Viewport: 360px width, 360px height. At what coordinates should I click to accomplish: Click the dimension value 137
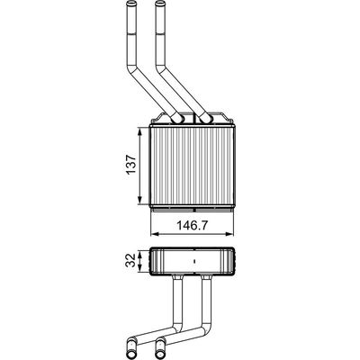(131, 165)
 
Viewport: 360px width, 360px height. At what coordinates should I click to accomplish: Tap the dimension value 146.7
(192, 225)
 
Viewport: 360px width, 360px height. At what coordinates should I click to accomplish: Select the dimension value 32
(130, 260)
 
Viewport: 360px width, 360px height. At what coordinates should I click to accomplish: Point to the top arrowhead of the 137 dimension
(140, 131)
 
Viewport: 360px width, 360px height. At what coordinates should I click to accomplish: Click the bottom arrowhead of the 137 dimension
(140, 201)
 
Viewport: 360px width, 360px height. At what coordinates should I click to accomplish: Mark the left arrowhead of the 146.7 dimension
(154, 234)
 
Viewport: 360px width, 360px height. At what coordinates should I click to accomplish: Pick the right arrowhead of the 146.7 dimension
(229, 234)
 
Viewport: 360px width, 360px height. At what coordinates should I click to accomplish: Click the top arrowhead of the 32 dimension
(140, 254)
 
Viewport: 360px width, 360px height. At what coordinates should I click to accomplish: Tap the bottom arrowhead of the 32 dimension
(140, 268)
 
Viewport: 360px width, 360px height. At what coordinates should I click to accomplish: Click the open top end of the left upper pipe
(130, 4)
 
